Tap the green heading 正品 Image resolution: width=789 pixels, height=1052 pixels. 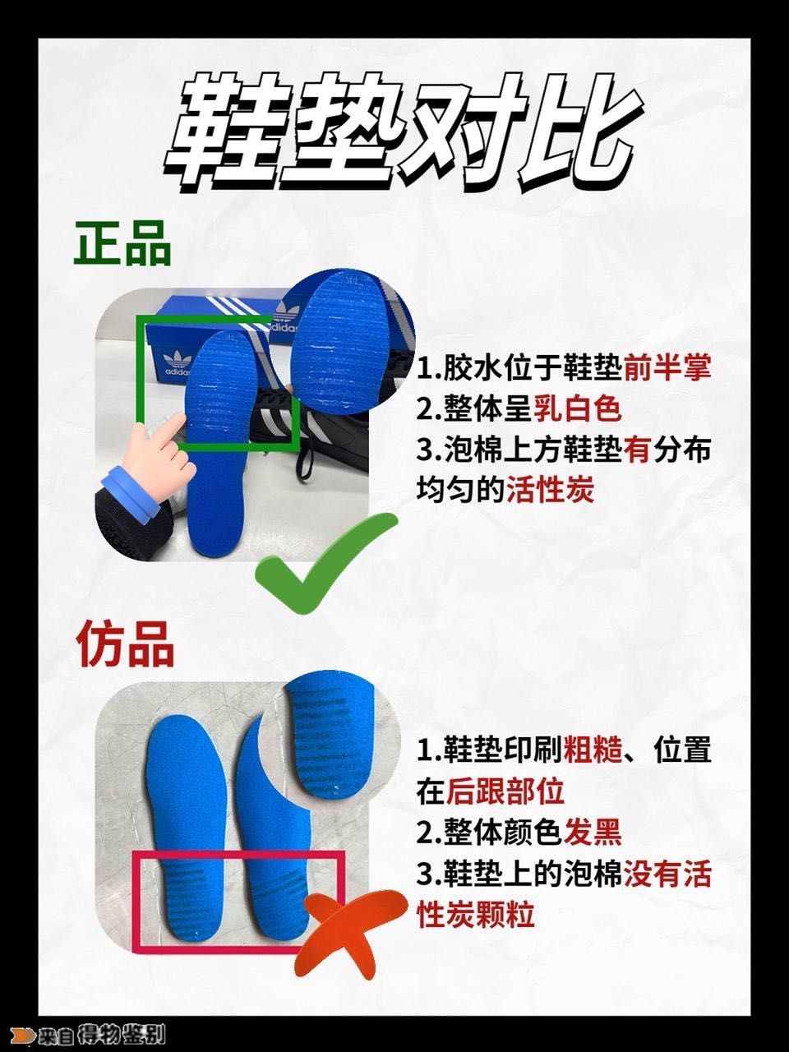point(123,244)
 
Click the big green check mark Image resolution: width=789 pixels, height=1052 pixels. point(325,567)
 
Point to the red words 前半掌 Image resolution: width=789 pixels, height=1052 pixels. point(667,367)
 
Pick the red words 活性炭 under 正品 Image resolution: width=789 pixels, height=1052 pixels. point(549,491)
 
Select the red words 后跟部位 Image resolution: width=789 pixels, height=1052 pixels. point(505,791)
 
